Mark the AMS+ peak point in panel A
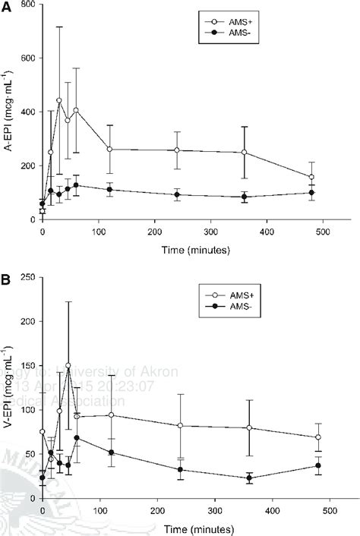[x=59, y=100]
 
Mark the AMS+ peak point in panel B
[x=68, y=365]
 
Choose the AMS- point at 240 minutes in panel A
[x=177, y=194]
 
